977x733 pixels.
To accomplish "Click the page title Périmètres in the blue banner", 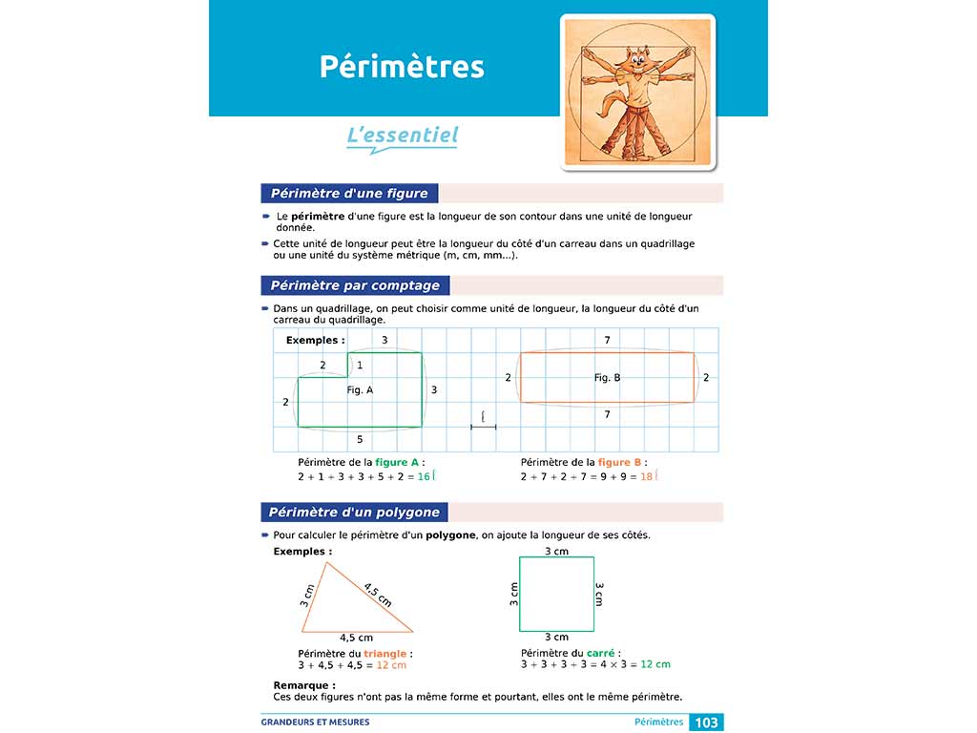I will (402, 67).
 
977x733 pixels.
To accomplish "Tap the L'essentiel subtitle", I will (402, 136).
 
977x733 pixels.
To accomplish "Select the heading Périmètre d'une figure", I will (349, 194).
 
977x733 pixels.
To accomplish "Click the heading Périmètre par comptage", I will (355, 285).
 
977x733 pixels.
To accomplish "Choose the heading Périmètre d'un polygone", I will (354, 513).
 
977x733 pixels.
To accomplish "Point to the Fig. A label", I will (360, 389).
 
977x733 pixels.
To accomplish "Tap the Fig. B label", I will (607, 378).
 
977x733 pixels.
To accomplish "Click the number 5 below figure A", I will (360, 439).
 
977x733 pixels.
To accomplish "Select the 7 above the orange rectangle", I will (607, 341).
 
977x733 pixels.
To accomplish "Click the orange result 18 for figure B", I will (646, 475).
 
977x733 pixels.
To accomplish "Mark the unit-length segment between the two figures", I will (484, 427).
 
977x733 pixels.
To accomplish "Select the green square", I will (556, 594).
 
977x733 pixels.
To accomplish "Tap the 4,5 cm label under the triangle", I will (357, 638).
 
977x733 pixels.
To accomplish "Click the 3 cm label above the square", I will (556, 552).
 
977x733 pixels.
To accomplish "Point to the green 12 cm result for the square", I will (655, 664).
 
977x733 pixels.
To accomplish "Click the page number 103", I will (706, 723).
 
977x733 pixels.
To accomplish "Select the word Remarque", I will (303, 685).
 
